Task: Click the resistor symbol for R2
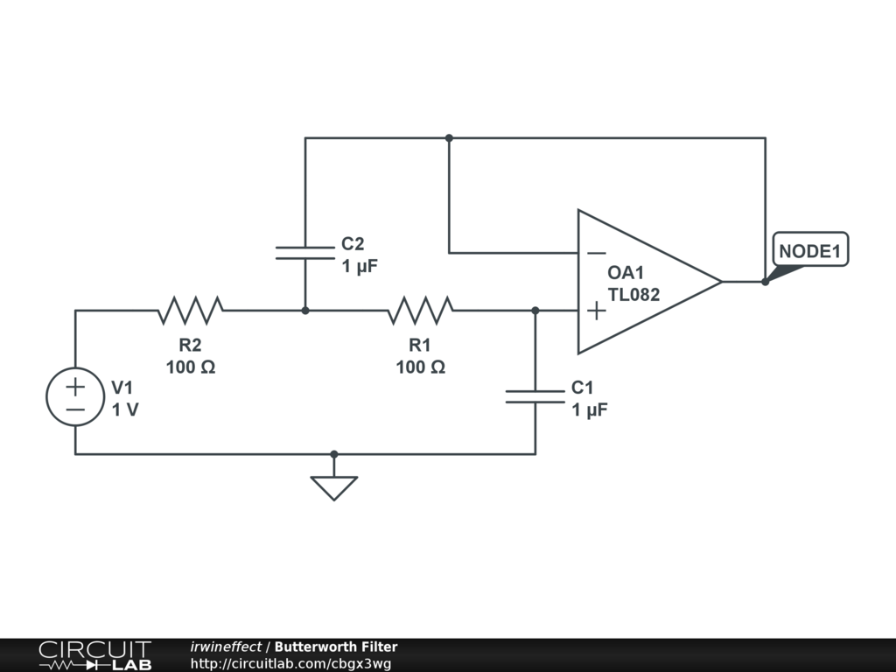tap(190, 311)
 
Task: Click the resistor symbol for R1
tap(421, 311)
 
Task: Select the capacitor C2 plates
tap(305, 253)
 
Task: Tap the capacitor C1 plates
tap(535, 396)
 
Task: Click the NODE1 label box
tap(810, 249)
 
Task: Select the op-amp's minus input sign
tap(597, 253)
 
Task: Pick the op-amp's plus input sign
tap(597, 311)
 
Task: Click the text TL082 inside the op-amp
tap(633, 294)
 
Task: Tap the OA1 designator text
tap(626, 273)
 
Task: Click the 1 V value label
tap(125, 409)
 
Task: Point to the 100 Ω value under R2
tap(191, 367)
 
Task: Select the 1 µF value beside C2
tap(360, 266)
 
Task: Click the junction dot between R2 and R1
tap(305, 311)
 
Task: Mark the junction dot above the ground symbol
tap(334, 454)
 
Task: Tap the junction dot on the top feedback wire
tap(449, 137)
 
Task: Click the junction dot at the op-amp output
tap(765, 282)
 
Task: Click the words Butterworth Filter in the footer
tap(336, 647)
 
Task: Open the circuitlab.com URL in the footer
tap(290, 663)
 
